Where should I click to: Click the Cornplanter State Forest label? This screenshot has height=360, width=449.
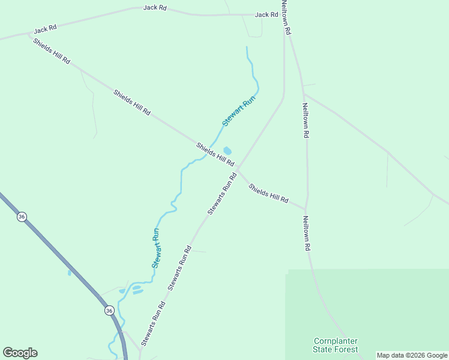pos(336,345)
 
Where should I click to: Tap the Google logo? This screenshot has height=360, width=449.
pos(20,353)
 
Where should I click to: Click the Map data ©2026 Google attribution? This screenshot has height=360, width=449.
pos(412,355)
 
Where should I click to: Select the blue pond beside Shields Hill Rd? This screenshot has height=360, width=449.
pos(228,151)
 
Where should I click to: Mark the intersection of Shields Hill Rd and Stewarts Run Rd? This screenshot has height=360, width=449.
pos(238,169)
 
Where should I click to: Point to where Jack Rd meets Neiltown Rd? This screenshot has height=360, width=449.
pos(283,14)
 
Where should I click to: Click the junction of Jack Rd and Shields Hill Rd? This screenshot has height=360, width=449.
pos(28,34)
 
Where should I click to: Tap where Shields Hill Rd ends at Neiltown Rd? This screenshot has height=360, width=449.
pos(307,209)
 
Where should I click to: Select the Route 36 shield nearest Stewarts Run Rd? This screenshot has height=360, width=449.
pos(109,310)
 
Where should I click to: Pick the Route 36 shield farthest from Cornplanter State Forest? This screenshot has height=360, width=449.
pos(22,217)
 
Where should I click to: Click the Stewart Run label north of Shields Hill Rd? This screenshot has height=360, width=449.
pos(239,110)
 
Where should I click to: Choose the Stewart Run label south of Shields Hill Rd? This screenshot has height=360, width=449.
pos(156,248)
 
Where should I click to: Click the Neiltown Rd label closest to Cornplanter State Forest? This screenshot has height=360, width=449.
pos(306,233)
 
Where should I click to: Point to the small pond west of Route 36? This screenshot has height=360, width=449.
pos(70,273)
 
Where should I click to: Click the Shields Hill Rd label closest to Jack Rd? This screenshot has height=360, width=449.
pos(52,52)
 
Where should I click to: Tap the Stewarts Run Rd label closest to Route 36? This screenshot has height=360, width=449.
pos(154,324)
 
